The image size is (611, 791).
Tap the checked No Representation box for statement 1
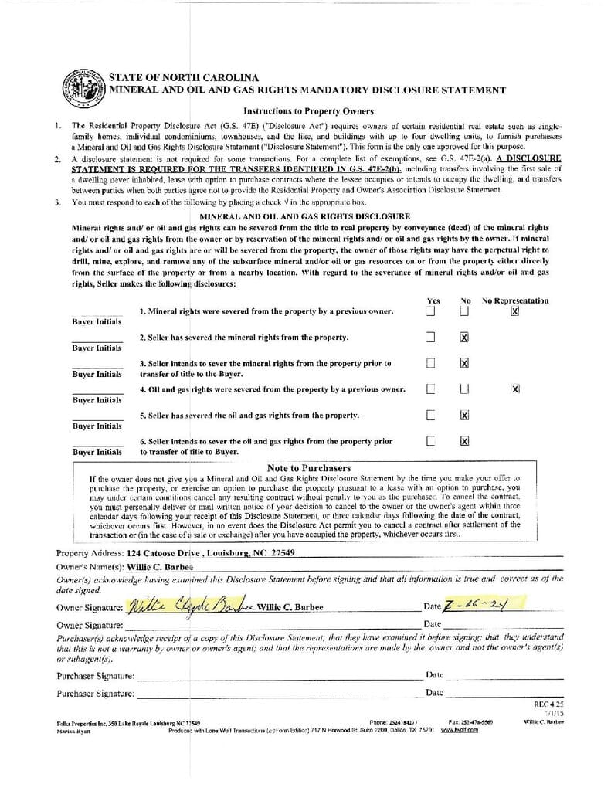tap(514, 311)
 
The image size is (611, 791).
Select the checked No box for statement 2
tap(464, 338)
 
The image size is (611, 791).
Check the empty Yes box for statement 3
tap(431, 363)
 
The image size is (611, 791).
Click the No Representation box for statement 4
tap(515, 389)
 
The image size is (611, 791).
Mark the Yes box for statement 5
tap(431, 415)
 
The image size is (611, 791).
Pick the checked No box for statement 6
tap(464, 441)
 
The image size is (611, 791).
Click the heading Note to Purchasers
tap(308, 468)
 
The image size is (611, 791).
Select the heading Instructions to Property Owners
tap(308, 111)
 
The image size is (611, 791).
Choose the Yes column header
tap(433, 300)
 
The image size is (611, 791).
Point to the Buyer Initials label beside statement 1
tap(97, 321)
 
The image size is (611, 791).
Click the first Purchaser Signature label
tap(95, 676)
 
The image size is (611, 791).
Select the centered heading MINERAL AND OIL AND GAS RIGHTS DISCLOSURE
tap(304, 216)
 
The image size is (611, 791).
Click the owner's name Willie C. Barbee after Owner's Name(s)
tap(161, 566)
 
